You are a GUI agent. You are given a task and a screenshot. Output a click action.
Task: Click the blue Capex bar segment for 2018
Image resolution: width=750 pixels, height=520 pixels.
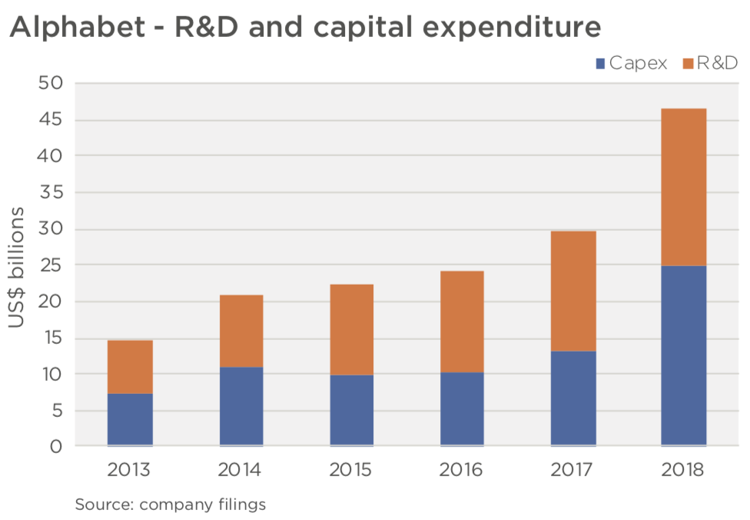click(683, 355)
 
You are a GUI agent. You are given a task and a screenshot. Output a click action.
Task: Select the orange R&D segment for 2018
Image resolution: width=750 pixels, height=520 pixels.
click(683, 187)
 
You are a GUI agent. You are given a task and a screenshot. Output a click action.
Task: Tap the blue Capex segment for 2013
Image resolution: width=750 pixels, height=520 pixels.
click(131, 419)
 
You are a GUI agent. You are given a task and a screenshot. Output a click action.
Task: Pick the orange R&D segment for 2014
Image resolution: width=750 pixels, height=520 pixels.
click(241, 331)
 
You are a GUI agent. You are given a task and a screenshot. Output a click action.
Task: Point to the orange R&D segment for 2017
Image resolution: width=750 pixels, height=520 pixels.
click(572, 291)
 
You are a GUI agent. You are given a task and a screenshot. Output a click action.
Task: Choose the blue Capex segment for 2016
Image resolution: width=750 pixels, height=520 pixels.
click(462, 408)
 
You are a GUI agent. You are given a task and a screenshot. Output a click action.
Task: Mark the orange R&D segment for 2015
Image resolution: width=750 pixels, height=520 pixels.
click(351, 329)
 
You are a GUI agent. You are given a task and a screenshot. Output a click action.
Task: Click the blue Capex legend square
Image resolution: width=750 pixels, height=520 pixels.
click(600, 64)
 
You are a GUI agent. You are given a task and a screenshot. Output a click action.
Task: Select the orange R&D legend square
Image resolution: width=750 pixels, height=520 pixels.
click(688, 64)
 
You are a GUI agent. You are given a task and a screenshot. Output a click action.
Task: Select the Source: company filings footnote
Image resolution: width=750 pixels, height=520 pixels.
click(170, 505)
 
